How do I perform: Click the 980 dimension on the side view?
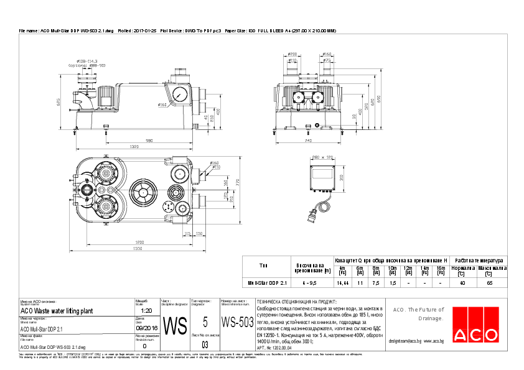pyautogui.click(x=149, y=141)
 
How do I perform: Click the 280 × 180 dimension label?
pyautogui.click(x=323, y=158)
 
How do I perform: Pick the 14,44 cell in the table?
pyautogui.click(x=342, y=282)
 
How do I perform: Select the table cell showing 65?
pyautogui.click(x=490, y=282)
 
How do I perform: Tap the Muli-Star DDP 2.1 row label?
pyautogui.click(x=268, y=282)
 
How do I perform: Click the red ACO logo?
pyautogui.click(x=475, y=334)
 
